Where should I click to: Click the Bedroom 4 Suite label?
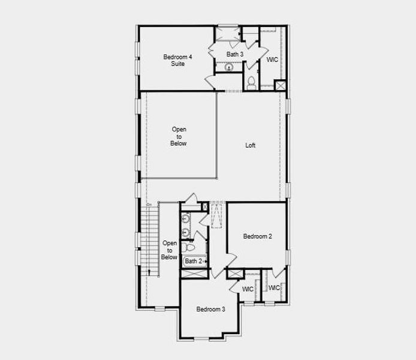[x=178, y=60]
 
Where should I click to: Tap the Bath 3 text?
[x=235, y=54]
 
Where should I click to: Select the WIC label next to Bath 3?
[x=272, y=59]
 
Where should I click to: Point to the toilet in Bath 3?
[x=251, y=83]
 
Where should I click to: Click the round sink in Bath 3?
[x=229, y=67]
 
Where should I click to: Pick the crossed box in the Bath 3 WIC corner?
[x=280, y=85]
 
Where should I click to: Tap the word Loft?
[x=250, y=145]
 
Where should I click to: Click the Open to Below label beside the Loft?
[x=179, y=136]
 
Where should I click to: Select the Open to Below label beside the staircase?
[x=169, y=250]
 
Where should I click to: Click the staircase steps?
[x=150, y=240]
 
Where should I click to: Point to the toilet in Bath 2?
[x=188, y=247]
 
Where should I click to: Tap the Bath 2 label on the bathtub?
[x=194, y=261]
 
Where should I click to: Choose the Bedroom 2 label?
[x=257, y=236]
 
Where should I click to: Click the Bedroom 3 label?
[x=210, y=309]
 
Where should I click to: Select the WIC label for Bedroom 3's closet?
[x=248, y=289]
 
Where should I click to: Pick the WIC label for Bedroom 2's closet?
[x=274, y=288]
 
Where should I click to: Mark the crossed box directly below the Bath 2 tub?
[x=194, y=274]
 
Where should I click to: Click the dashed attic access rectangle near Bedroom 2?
[x=217, y=215]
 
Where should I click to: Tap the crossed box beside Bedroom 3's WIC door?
[x=235, y=274]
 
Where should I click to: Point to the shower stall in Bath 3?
[x=228, y=34]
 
